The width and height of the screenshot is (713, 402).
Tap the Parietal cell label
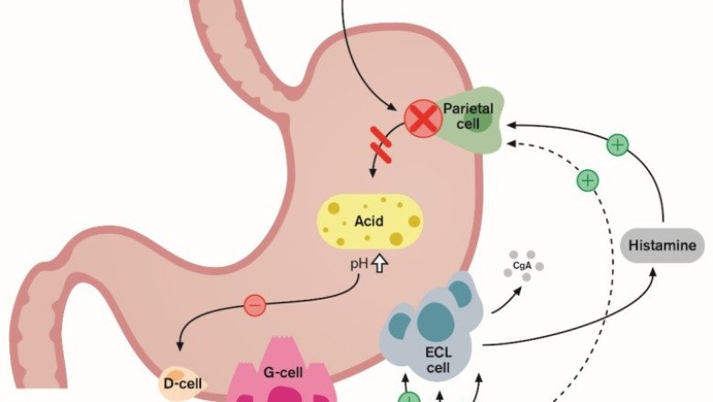click(x=468, y=115)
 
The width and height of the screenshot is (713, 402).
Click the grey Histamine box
click(x=664, y=246)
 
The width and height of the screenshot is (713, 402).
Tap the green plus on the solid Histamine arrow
click(x=618, y=144)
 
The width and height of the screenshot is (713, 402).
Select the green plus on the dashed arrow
click(x=588, y=181)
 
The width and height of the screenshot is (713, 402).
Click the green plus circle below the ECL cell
click(x=409, y=397)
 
